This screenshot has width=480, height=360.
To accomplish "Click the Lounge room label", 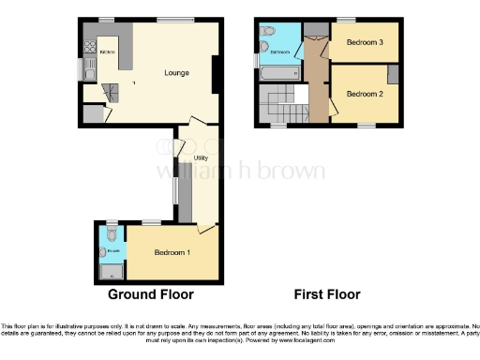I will coord(176,73).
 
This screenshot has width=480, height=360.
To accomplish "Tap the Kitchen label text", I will coord(106,52).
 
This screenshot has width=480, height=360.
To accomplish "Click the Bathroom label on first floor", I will coord(278,52).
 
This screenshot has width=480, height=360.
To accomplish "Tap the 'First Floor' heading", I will coord(327,294).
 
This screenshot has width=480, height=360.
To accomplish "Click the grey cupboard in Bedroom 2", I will coord(393,74).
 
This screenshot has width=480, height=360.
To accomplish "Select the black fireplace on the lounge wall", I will coord(217,74).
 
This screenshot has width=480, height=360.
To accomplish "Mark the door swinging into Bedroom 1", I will coord(205,226).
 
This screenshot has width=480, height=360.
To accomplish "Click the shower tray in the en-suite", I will coord(112,273).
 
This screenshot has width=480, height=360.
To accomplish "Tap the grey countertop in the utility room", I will coord(185,192).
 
